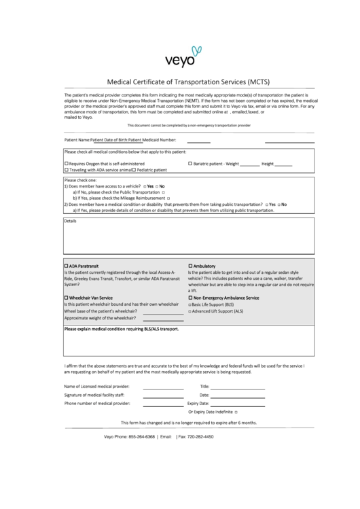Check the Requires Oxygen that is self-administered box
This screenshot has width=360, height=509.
[66, 164]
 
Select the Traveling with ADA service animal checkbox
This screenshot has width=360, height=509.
[66, 170]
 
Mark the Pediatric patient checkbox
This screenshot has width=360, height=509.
[133, 170]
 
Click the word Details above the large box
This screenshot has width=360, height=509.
[70, 221]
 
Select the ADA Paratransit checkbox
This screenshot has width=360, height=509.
[66, 265]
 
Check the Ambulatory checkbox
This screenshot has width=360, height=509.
[190, 265]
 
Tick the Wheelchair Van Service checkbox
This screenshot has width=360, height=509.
[66, 298]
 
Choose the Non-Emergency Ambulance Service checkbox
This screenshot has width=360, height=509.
[190, 298]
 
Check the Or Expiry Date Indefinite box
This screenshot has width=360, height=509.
[236, 412]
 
